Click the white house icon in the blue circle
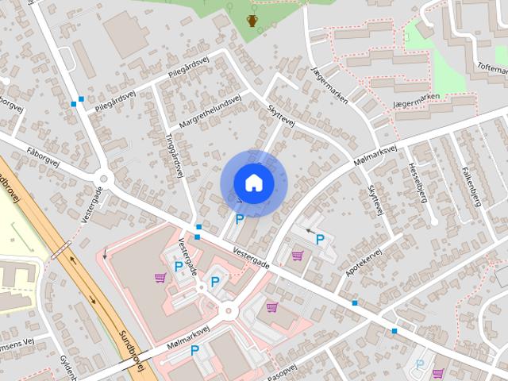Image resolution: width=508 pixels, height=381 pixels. (253, 183)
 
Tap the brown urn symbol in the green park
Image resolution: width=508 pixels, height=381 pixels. (252, 20)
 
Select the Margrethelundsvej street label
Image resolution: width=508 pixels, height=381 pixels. (210, 114)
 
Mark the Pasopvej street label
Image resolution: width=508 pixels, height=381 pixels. (281, 372)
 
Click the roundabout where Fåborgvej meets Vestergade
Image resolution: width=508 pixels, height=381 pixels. (104, 177)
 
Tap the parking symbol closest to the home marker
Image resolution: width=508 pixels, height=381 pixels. (239, 218)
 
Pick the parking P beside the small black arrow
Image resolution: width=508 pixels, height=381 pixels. (320, 239)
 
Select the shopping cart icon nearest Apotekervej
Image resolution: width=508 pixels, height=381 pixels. (298, 256)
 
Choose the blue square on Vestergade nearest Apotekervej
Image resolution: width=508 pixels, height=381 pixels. (355, 302)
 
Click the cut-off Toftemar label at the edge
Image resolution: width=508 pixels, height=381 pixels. (491, 69)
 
